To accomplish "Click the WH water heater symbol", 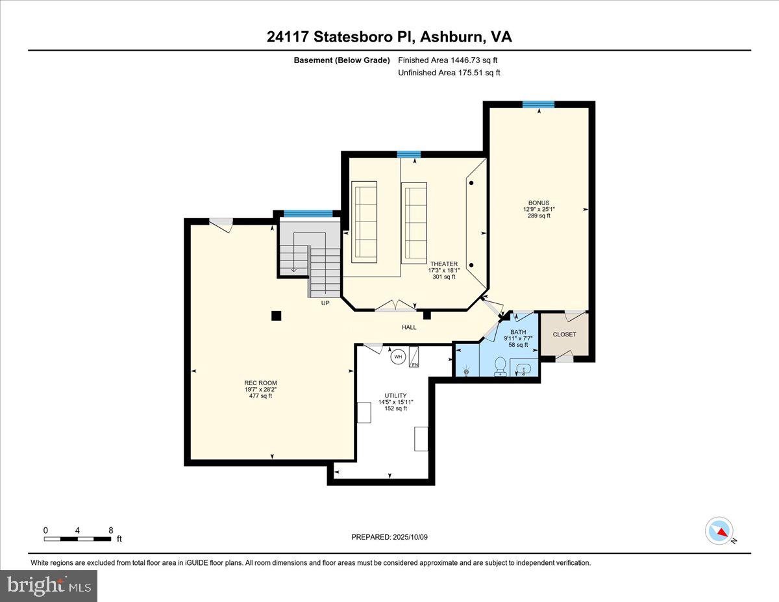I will pyautogui.click(x=397, y=356).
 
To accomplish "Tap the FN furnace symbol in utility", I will pyautogui.click(x=414, y=358).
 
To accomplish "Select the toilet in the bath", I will pyautogui.click(x=501, y=366).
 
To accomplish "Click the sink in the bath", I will pyautogui.click(x=523, y=369).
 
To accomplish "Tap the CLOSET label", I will pyautogui.click(x=564, y=334).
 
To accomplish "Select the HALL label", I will pyautogui.click(x=409, y=327).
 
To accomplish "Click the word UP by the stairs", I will pyautogui.click(x=325, y=303).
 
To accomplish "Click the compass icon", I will pyautogui.click(x=719, y=531).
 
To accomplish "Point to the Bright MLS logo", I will pyautogui.click(x=49, y=586).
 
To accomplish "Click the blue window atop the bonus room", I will pyautogui.click(x=538, y=104).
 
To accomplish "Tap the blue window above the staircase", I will pyautogui.click(x=308, y=213).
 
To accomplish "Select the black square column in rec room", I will pyautogui.click(x=276, y=316).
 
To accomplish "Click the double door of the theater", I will pyautogui.click(x=396, y=306).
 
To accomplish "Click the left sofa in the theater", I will pyautogui.click(x=364, y=221).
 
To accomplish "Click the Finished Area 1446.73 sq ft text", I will pyautogui.click(x=448, y=60).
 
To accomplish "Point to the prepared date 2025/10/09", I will pyautogui.click(x=390, y=537).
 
